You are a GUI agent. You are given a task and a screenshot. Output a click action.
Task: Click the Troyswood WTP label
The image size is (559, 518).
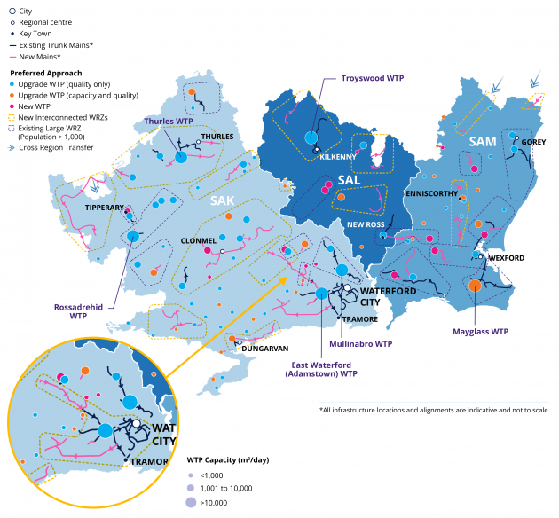point(373,78)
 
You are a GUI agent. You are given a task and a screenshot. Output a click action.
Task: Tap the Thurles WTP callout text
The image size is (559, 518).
point(169,121)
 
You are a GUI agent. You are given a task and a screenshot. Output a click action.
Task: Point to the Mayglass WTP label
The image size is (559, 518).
point(477,331)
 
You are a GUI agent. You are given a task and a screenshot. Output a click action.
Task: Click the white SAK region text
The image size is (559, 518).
point(222,200)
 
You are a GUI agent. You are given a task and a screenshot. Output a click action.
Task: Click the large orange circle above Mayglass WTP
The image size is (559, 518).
point(476,286)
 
